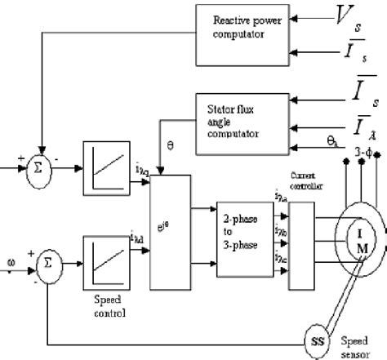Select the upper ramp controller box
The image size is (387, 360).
(105, 165)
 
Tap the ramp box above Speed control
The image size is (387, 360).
(105, 235)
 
